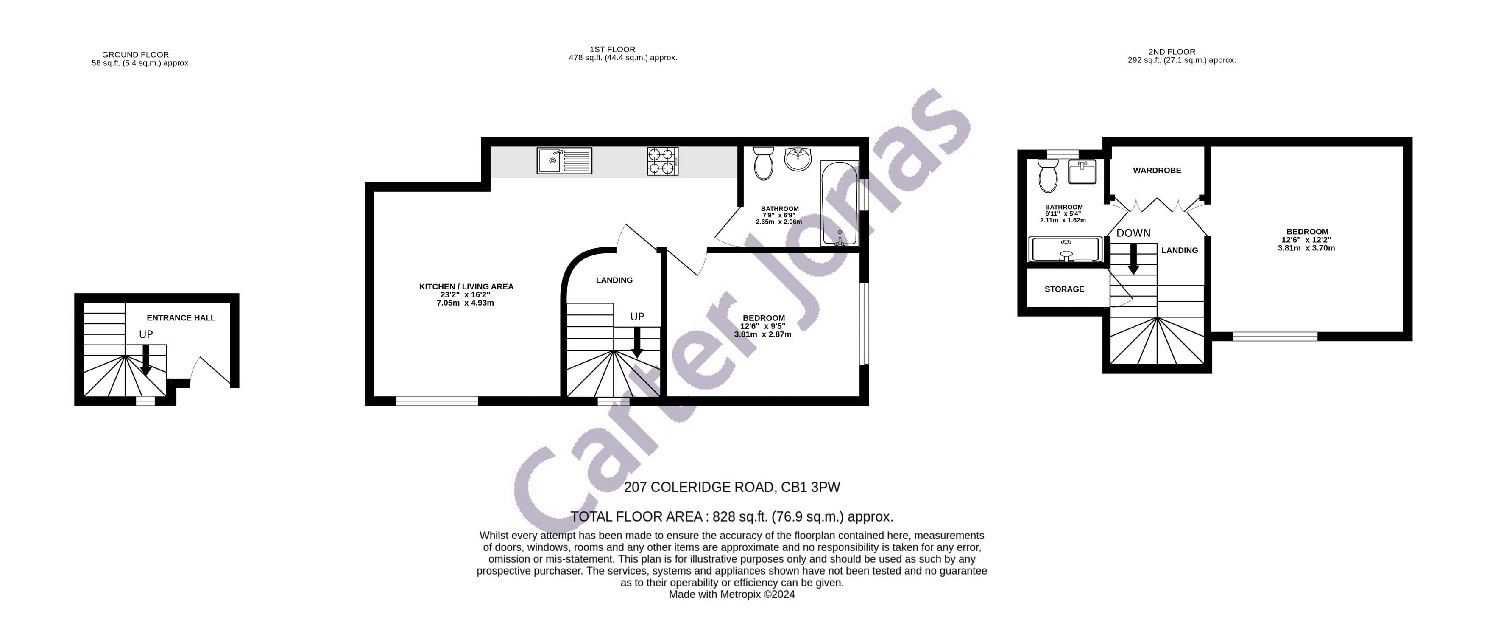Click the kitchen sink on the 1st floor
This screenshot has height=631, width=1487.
(564, 161)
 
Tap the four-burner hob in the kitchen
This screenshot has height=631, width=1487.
(662, 161)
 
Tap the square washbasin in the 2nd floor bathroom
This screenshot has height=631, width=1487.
(1082, 171)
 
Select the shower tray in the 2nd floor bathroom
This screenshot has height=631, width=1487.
(1066, 249)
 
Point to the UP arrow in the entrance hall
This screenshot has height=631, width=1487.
(145, 359)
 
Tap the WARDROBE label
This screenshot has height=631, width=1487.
(1157, 171)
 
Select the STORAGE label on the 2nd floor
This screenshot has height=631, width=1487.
(1064, 289)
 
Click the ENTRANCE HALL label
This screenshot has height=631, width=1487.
(181, 318)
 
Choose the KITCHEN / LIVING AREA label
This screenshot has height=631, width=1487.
(466, 286)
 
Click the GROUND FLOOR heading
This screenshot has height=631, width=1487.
(136, 55)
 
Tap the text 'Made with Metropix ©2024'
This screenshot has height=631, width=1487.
(731, 595)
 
